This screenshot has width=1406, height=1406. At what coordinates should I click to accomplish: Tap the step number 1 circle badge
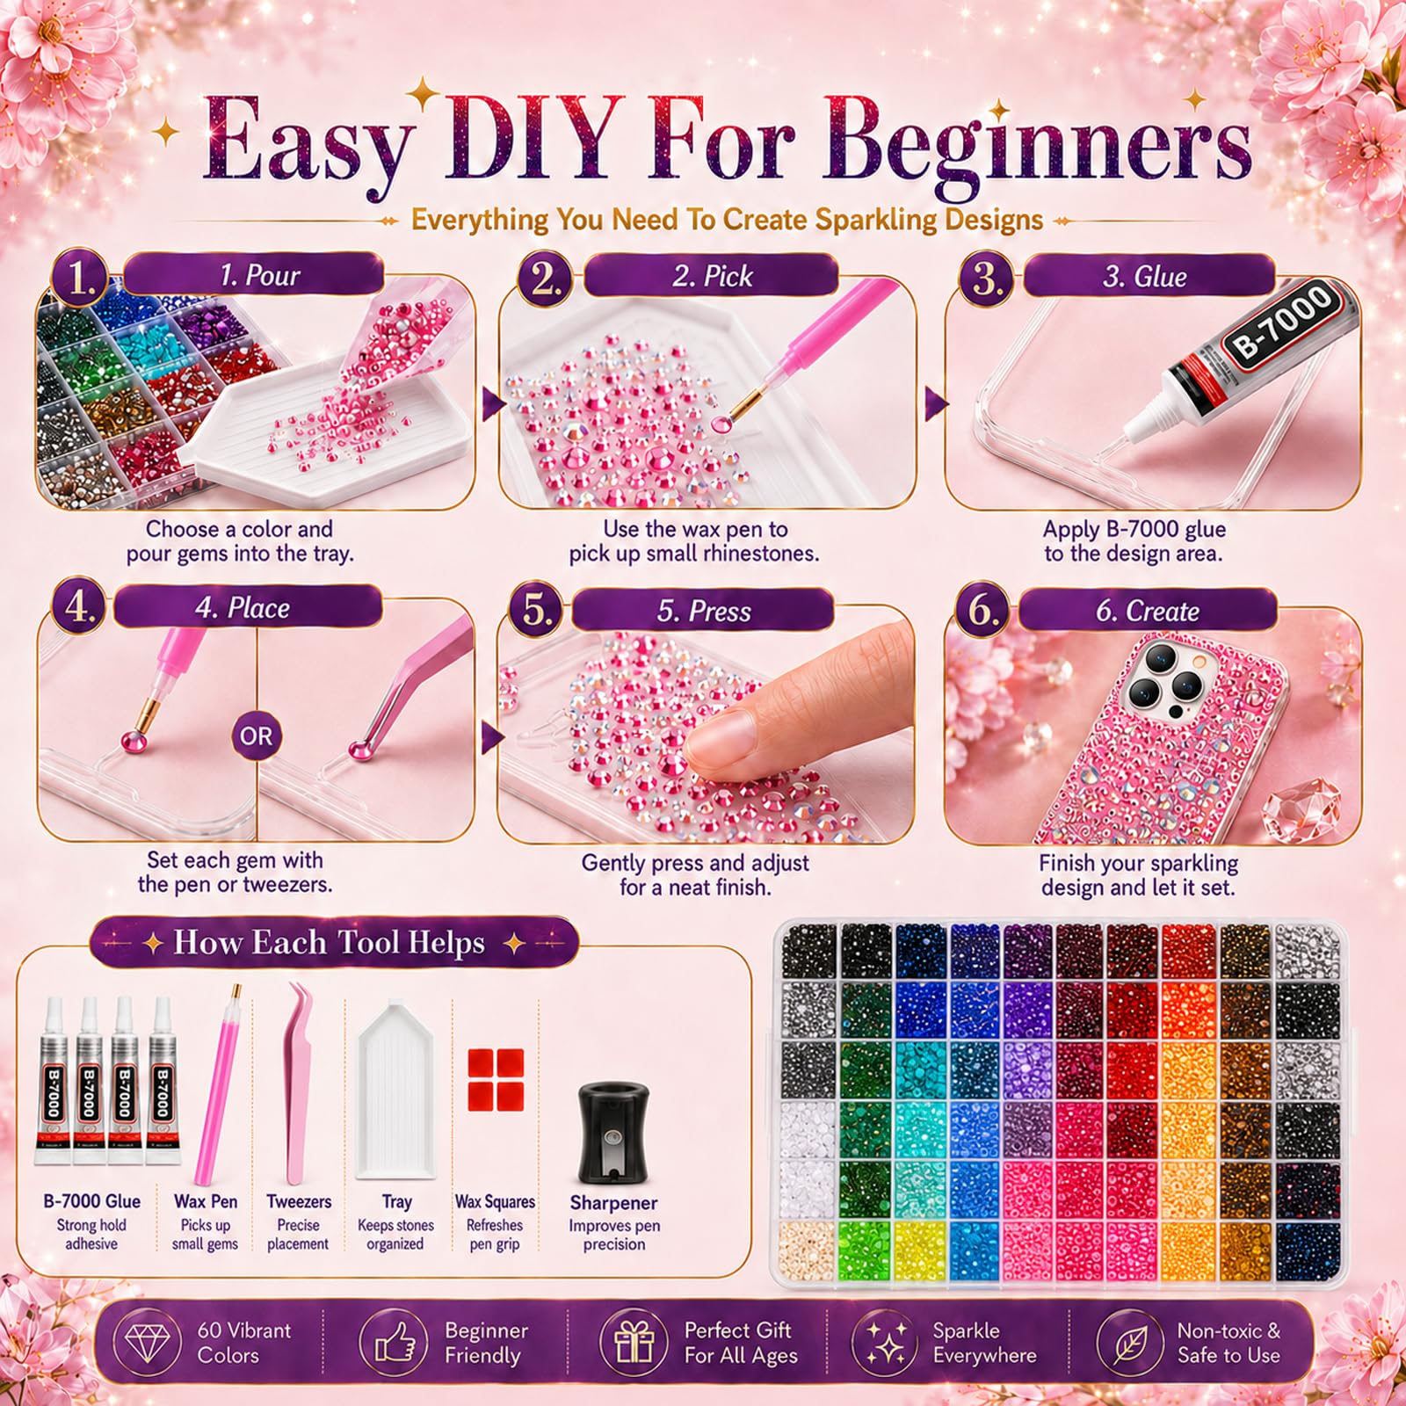(80, 278)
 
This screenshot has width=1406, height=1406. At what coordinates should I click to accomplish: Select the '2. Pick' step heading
(713, 276)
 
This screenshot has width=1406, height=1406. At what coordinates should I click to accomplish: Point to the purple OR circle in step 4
(257, 736)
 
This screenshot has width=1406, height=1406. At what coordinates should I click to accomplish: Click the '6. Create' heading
(1147, 611)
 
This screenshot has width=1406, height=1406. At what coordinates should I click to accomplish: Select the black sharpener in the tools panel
(613, 1133)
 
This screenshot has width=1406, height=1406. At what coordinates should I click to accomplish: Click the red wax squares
(496, 1079)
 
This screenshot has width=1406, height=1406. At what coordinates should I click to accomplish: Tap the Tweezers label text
(299, 1201)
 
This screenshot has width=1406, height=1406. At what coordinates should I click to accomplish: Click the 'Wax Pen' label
(206, 1201)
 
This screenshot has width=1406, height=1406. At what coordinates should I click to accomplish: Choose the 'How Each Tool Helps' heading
(330, 942)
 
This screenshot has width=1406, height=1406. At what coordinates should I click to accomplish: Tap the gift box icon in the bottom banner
(634, 1343)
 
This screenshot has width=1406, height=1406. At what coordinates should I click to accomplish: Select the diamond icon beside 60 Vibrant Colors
(148, 1343)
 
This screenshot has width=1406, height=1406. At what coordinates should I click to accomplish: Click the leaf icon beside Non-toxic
(1130, 1343)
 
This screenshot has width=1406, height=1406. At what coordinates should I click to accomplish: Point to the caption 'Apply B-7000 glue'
(1134, 529)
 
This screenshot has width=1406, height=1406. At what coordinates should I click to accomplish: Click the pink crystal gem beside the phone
(1301, 807)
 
